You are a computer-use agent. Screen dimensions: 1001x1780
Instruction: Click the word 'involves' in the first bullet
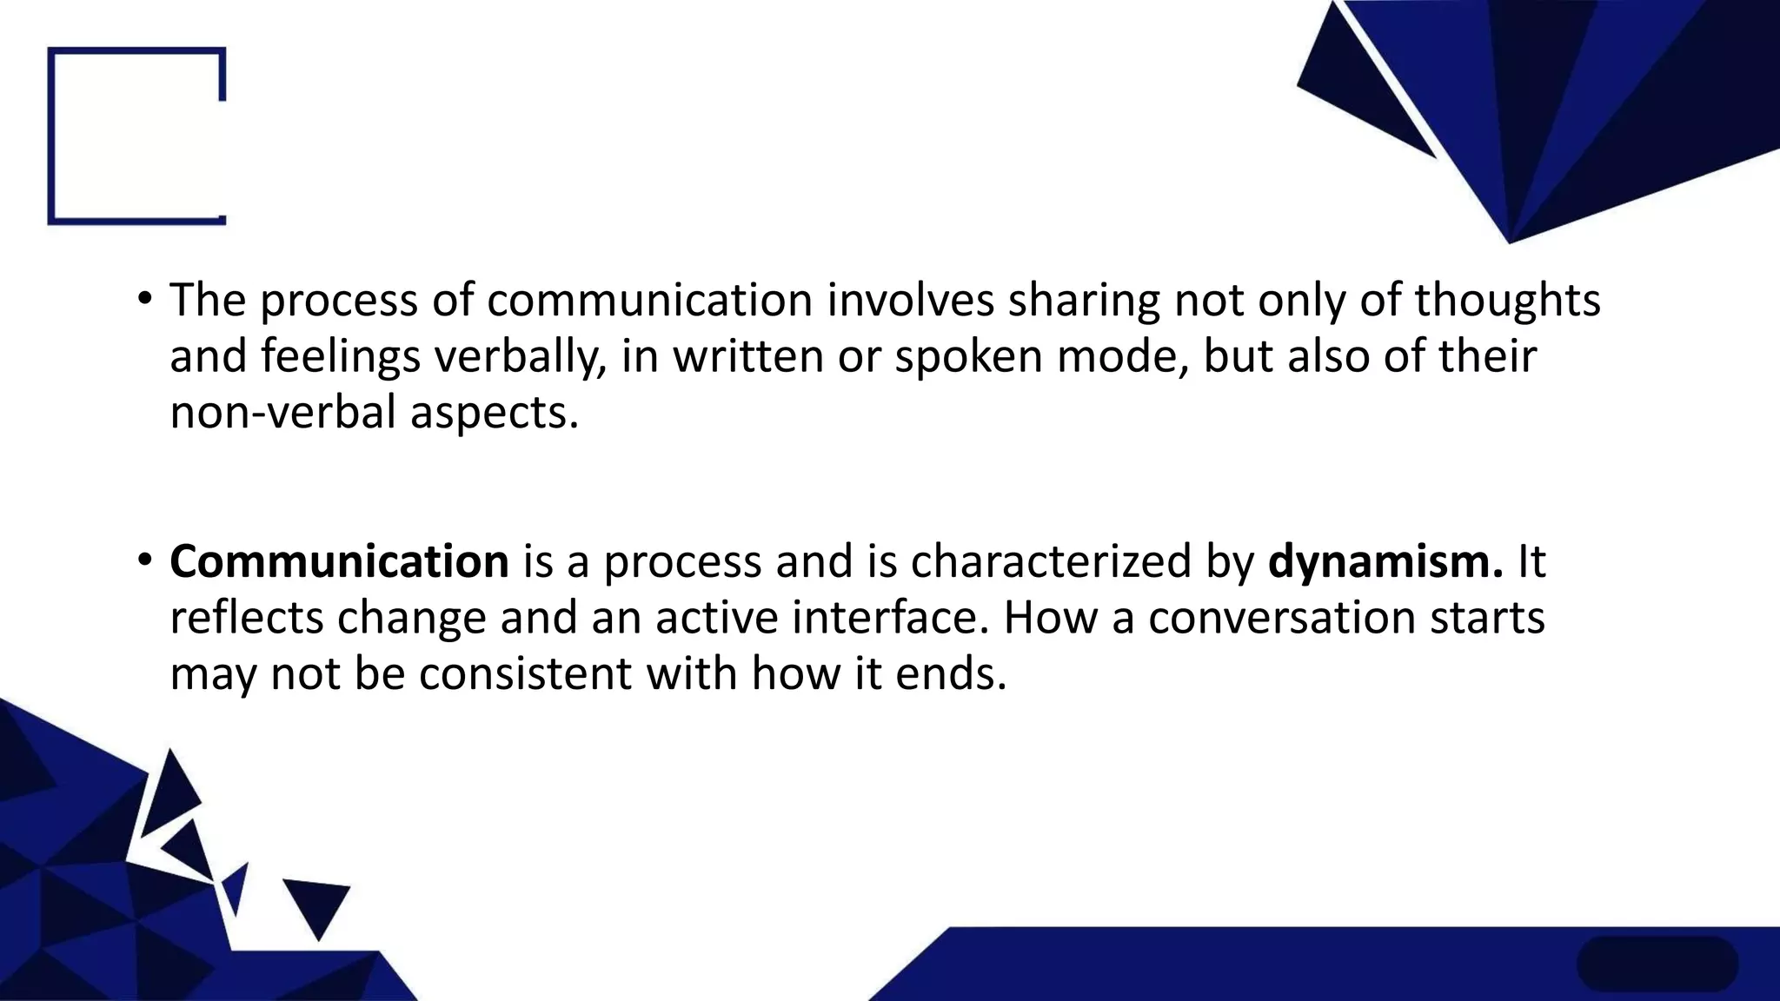910,300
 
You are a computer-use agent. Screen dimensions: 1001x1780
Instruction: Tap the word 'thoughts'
1507,302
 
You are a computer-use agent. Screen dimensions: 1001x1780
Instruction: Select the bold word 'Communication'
339,561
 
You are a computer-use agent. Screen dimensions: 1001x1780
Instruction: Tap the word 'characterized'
1050,561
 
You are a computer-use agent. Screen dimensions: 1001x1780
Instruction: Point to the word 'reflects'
246,618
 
